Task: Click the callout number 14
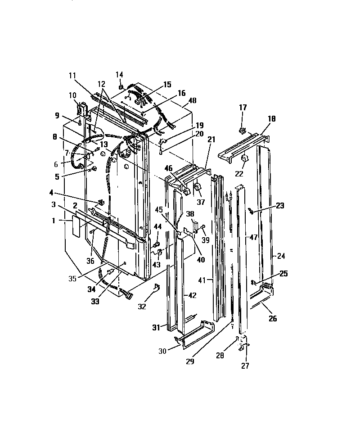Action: (x=120, y=74)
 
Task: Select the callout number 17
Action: (x=243, y=107)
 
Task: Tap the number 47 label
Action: (x=254, y=237)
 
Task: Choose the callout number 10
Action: (x=72, y=95)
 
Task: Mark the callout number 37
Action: (x=201, y=202)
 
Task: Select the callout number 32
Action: (x=142, y=307)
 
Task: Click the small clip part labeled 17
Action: (x=243, y=131)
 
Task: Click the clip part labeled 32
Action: (x=156, y=287)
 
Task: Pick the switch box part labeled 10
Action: (x=82, y=109)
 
